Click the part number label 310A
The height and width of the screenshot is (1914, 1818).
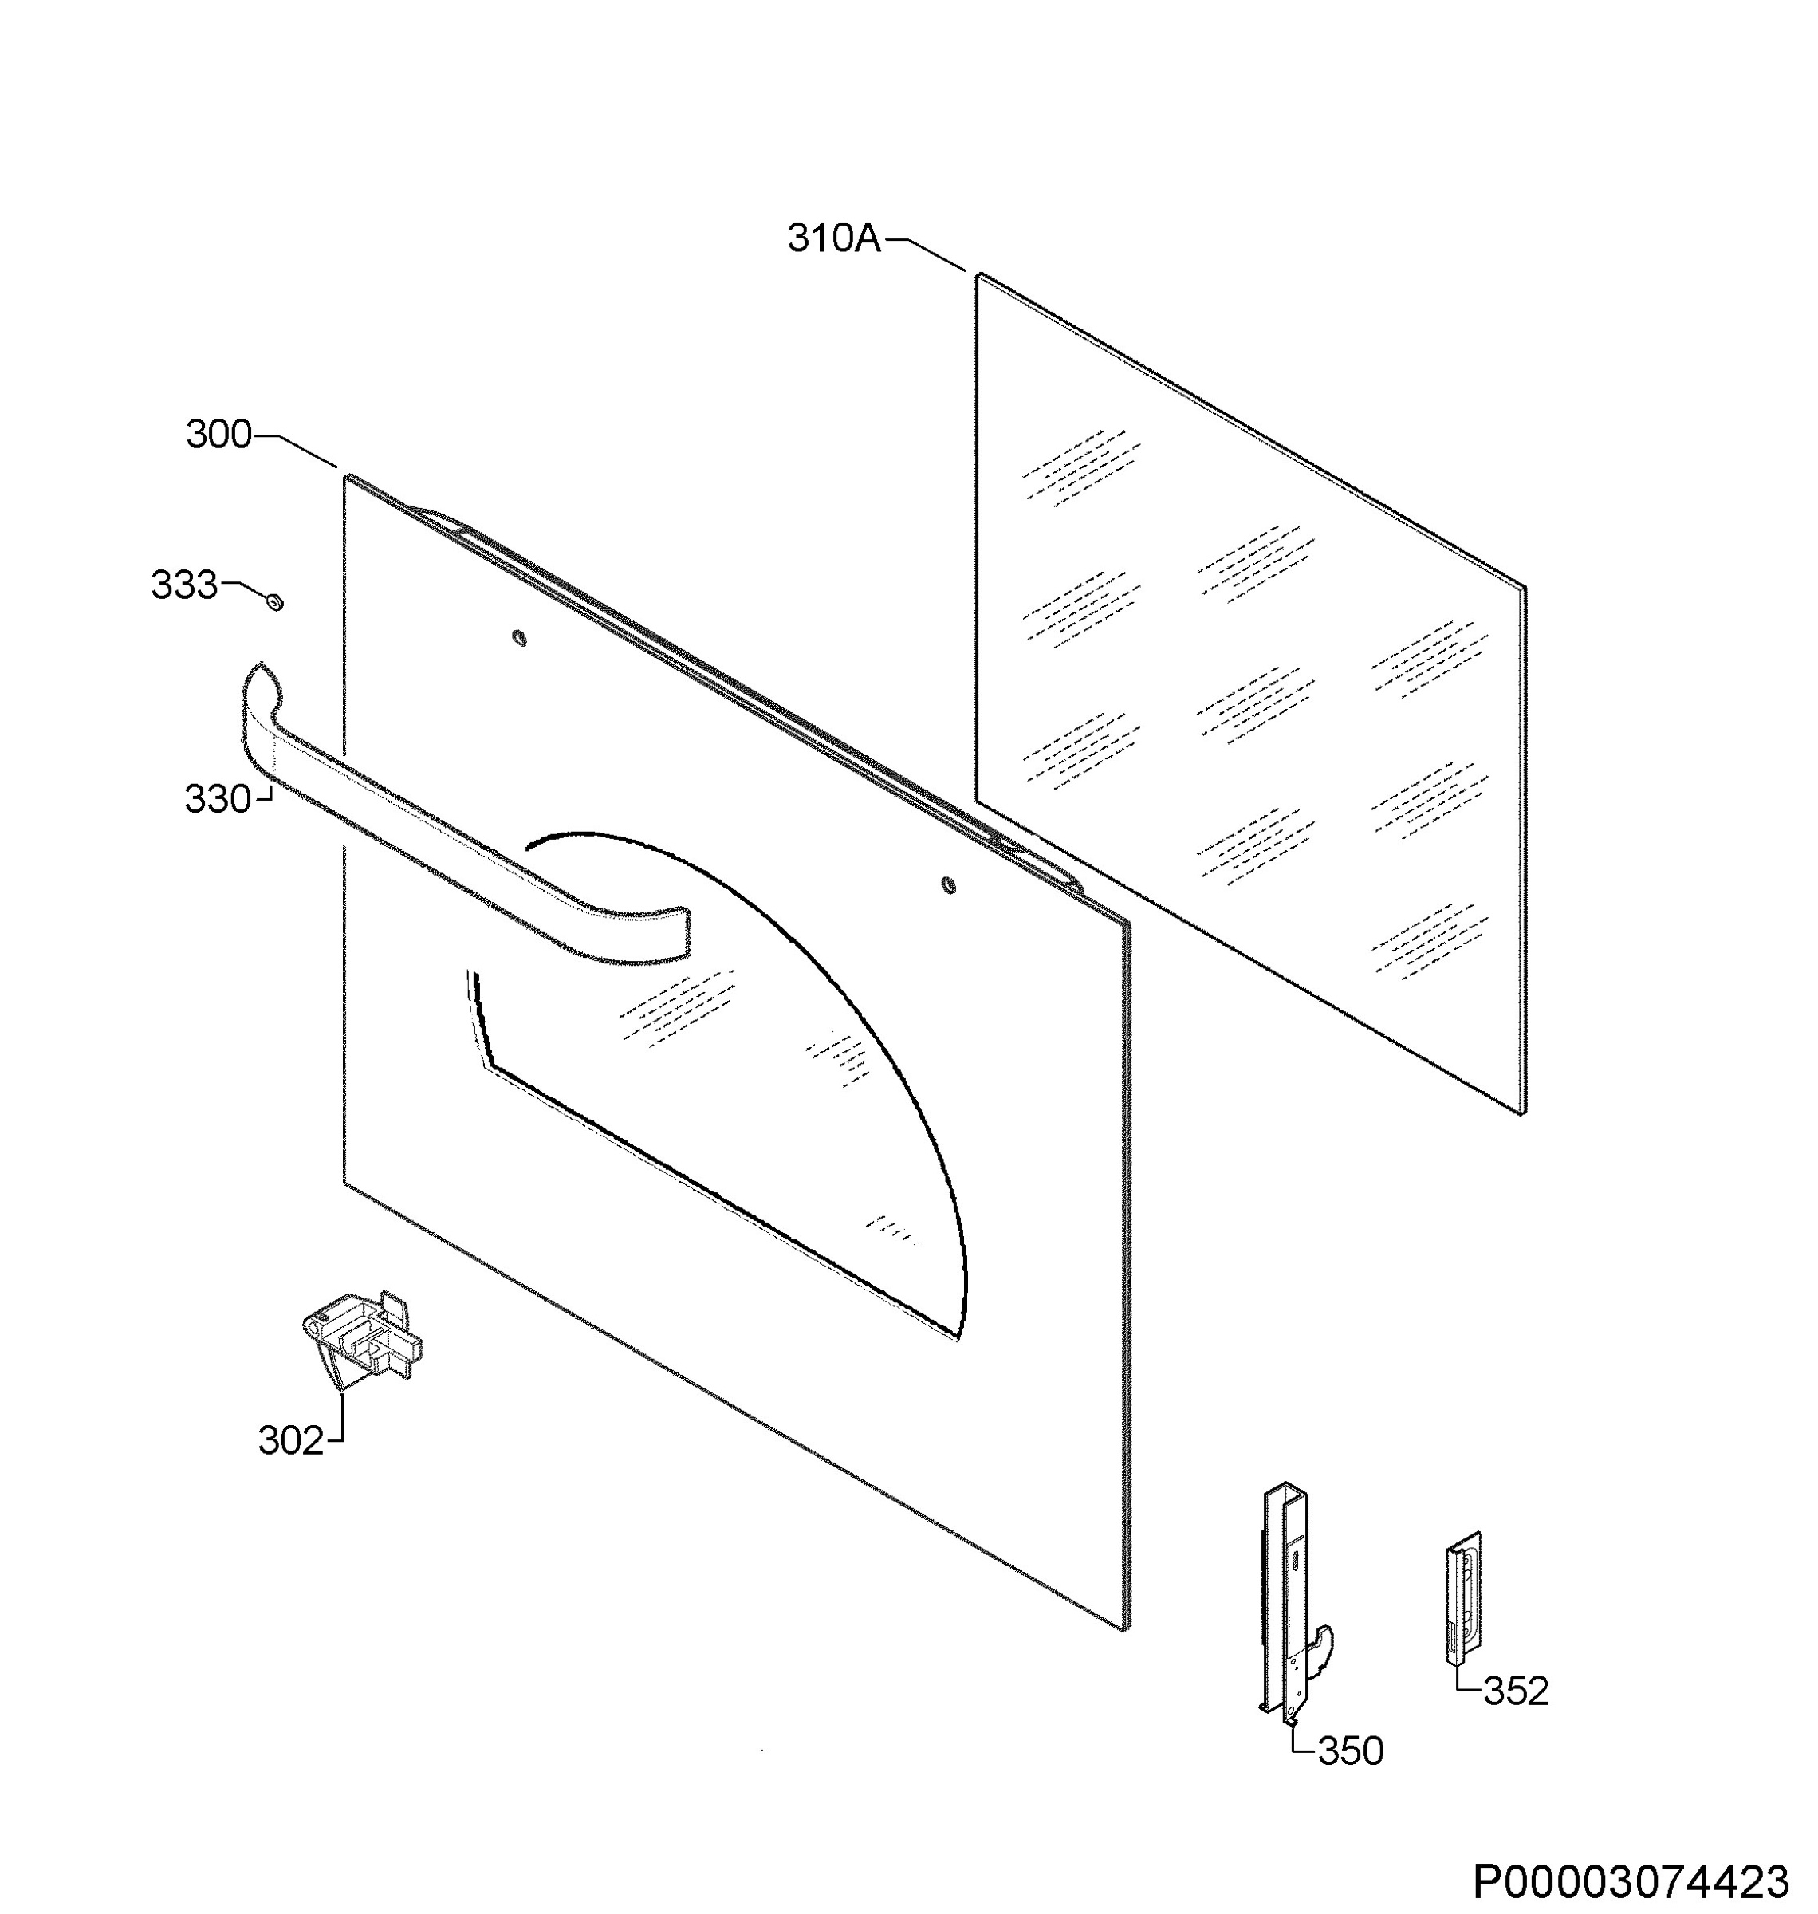click(x=834, y=238)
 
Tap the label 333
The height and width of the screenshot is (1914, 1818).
click(x=184, y=585)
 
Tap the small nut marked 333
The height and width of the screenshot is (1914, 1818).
click(x=275, y=603)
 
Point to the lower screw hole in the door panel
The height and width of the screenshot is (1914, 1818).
click(x=949, y=884)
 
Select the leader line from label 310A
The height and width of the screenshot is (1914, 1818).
click(x=926, y=254)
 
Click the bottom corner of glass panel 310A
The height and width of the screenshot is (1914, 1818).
click(x=1525, y=1114)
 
